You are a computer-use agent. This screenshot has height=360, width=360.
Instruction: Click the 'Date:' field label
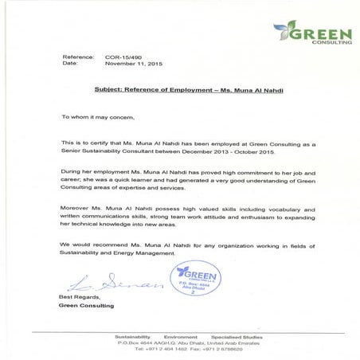coord(70,64)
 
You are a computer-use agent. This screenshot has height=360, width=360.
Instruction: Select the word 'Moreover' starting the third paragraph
coord(75,209)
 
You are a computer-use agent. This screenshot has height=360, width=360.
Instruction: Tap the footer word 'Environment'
coord(178,337)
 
